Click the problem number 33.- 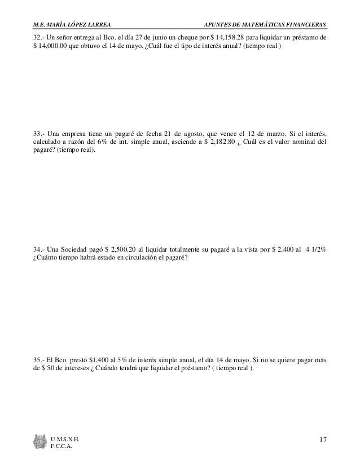tap(39, 134)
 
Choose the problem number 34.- tap(39, 249)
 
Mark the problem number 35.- tap(39, 359)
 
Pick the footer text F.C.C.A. tap(62, 447)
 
